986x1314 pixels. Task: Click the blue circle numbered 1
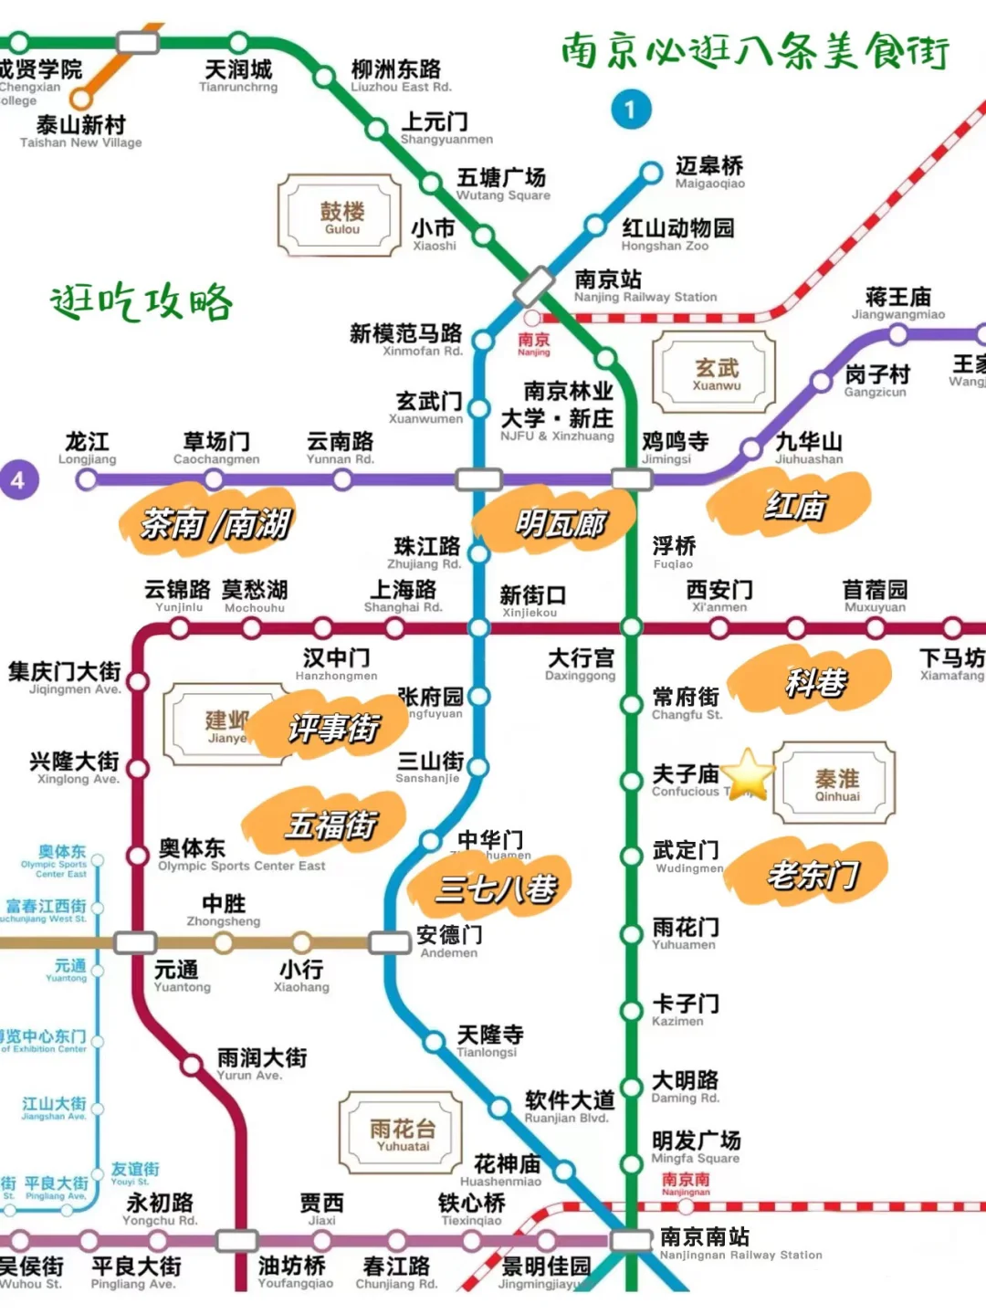[631, 110]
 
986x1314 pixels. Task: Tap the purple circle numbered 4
[18, 479]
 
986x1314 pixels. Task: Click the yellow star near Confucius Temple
[749, 773]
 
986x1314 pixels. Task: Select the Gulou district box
[341, 216]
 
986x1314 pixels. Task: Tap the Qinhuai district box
[835, 783]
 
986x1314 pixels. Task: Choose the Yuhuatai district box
[402, 1133]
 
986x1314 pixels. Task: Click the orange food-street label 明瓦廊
[560, 523]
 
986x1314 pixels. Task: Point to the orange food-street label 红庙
[793, 504]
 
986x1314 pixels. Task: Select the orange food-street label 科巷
[815, 681]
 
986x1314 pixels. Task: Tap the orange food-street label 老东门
[812, 874]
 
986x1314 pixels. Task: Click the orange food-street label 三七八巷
[495, 887]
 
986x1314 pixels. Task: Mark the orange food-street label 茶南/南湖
[215, 524]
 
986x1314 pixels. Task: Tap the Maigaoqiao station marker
[651, 173]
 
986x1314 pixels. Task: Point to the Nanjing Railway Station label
[645, 285]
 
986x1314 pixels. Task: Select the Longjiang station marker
[87, 479]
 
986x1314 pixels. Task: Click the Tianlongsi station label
[489, 1040]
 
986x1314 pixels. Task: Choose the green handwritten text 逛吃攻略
[142, 302]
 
